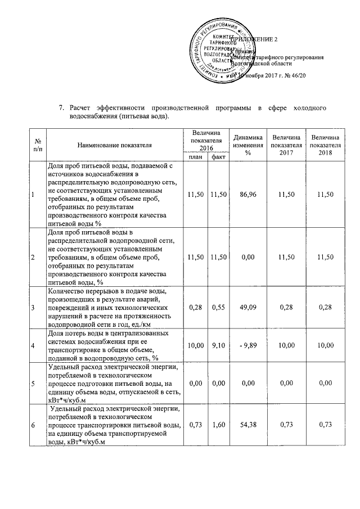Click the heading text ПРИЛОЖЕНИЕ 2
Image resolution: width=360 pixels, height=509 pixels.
(259, 39)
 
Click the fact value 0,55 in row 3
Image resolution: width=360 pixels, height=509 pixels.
(218, 307)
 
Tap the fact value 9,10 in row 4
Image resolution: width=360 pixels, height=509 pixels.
(218, 345)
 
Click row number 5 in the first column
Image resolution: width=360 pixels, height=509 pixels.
(33, 384)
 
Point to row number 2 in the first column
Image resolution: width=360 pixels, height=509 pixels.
(33, 257)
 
